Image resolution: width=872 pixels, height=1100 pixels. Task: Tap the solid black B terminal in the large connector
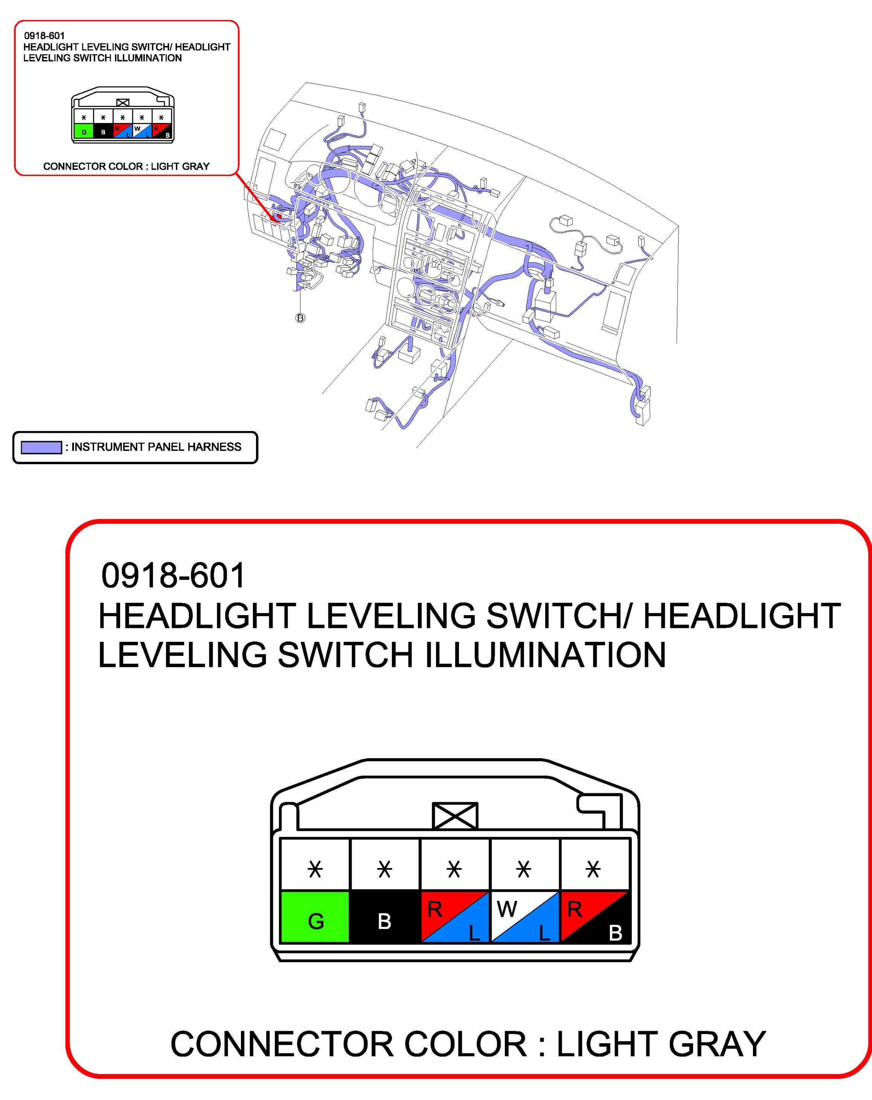(385, 916)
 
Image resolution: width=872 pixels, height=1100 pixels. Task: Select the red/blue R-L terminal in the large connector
(454, 916)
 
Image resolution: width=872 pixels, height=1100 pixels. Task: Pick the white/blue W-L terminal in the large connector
(524, 916)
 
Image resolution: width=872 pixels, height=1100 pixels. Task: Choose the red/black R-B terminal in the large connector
(595, 916)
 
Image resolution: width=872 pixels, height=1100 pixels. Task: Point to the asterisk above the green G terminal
(316, 868)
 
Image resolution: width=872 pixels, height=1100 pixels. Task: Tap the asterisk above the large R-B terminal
(593, 868)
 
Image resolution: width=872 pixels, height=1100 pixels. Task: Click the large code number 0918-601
(174, 576)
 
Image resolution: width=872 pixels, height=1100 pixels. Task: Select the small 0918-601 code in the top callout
(44, 36)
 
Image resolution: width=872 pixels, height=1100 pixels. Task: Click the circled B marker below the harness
(300, 318)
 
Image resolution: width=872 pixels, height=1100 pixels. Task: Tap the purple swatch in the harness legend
(41, 448)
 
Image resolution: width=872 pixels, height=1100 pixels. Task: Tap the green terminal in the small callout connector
(84, 131)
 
